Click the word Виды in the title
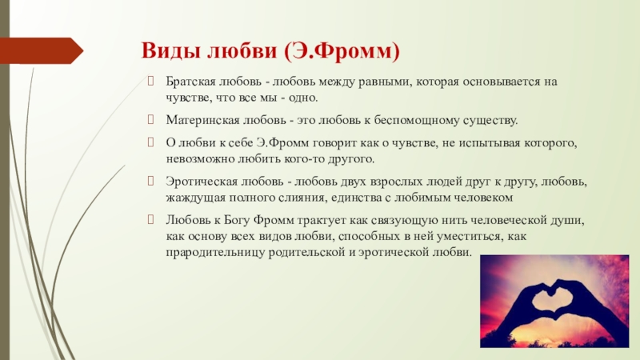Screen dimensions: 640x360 pyautogui.click(x=170, y=51)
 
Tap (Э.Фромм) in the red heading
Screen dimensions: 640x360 pyautogui.click(x=342, y=51)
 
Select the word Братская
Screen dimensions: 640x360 pyautogui.click(x=190, y=82)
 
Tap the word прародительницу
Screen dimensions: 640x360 pyautogui.click(x=215, y=253)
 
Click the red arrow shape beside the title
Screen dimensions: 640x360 pyautogui.click(x=42, y=50)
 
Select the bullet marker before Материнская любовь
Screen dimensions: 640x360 pyautogui.click(x=150, y=119)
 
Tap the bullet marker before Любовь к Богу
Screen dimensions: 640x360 pyautogui.click(x=150, y=219)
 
